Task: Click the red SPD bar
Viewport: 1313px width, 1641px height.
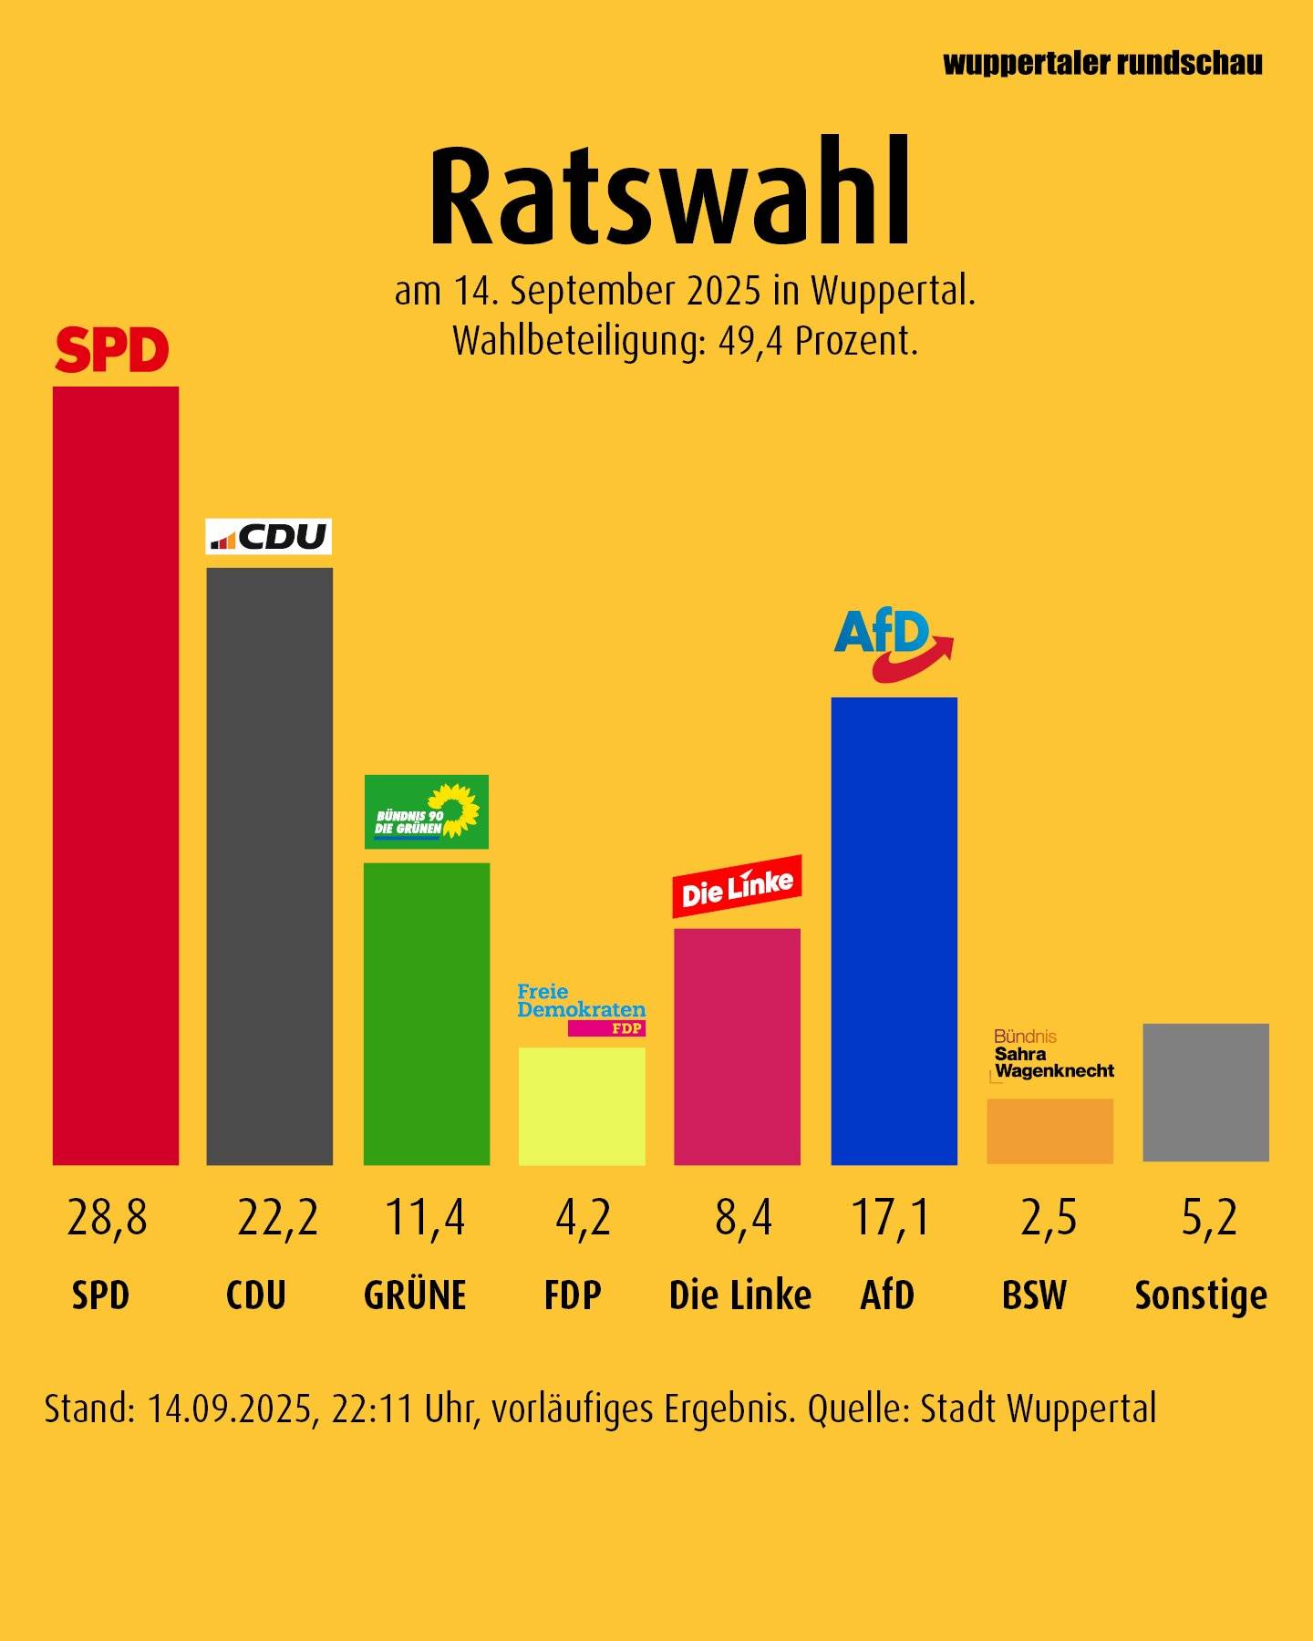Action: coord(116,775)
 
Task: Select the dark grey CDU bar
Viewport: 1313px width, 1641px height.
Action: coord(269,866)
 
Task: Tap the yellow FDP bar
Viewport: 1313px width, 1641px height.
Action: coord(582,1106)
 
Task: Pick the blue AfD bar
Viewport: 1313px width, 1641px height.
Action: coord(894,930)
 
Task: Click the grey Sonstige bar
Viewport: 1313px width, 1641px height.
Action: coord(1205,1092)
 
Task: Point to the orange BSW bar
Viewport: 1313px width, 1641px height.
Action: coord(1049,1130)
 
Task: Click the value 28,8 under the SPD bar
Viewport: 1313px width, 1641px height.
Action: coord(107,1218)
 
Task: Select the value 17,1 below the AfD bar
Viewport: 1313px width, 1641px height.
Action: coord(891,1218)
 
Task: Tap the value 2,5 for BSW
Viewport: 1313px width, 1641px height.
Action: coord(1049,1218)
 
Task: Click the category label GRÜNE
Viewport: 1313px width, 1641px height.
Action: coord(415,1295)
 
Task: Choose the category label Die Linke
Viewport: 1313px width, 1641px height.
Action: coord(739,1295)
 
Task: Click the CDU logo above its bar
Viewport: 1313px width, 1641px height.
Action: coord(268,537)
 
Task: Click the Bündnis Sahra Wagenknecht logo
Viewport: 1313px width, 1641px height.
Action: coord(1053,1055)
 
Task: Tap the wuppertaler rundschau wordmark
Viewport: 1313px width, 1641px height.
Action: coord(1102,63)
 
